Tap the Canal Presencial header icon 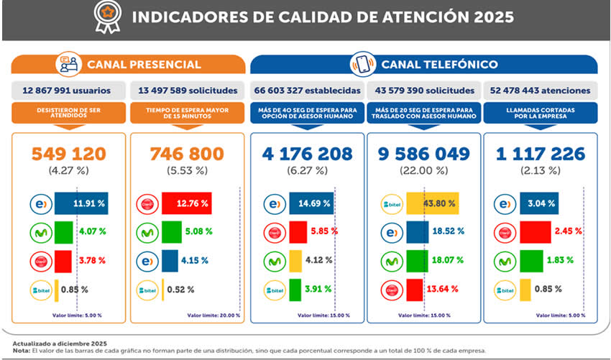[69, 65]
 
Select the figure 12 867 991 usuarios [68, 91]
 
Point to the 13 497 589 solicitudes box [185, 91]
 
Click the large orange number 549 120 [68, 153]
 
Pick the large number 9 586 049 [426, 153]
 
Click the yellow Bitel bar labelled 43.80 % [432, 203]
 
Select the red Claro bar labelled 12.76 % [186, 203]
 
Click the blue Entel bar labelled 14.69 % [311, 203]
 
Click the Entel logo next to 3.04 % [505, 203]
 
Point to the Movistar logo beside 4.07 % [40, 232]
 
